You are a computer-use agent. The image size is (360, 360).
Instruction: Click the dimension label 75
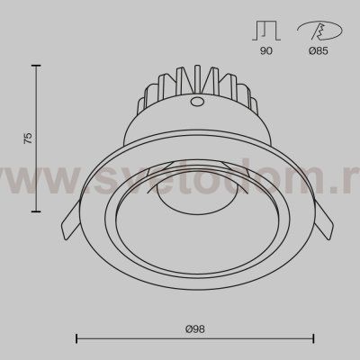pyautogui.click(x=28, y=138)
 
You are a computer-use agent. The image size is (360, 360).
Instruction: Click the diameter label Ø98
pyautogui.click(x=195, y=329)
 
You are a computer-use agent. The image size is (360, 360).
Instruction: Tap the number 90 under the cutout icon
pyautogui.click(x=266, y=50)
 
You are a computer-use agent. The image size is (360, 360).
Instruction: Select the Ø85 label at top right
pyautogui.click(x=319, y=51)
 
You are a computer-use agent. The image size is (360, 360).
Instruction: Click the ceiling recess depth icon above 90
pyautogui.click(x=266, y=31)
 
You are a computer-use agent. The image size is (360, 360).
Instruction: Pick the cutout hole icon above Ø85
pyautogui.click(x=319, y=31)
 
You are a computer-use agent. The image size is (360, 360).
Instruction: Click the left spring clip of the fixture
pyautogui.click(x=71, y=220)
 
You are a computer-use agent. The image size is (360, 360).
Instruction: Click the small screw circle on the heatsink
pyautogui.click(x=196, y=101)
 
